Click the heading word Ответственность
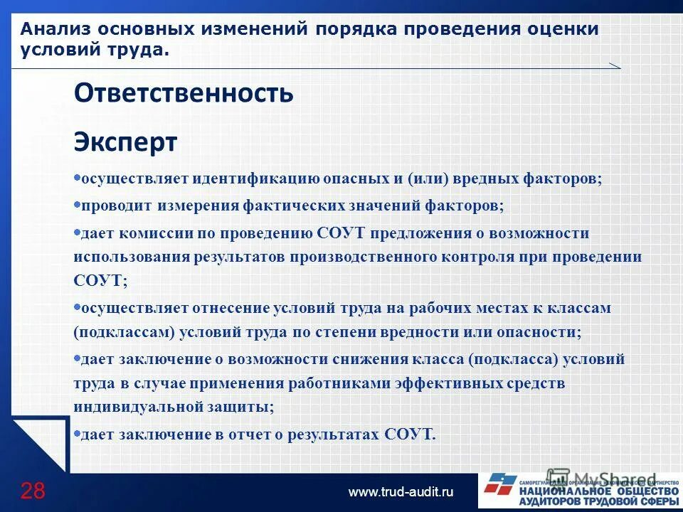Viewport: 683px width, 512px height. tap(184, 94)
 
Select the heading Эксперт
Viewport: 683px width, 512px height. tap(125, 142)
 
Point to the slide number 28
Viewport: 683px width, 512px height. tap(33, 491)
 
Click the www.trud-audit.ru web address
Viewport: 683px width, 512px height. tap(400, 492)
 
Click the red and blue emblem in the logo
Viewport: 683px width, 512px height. tap(501, 486)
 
